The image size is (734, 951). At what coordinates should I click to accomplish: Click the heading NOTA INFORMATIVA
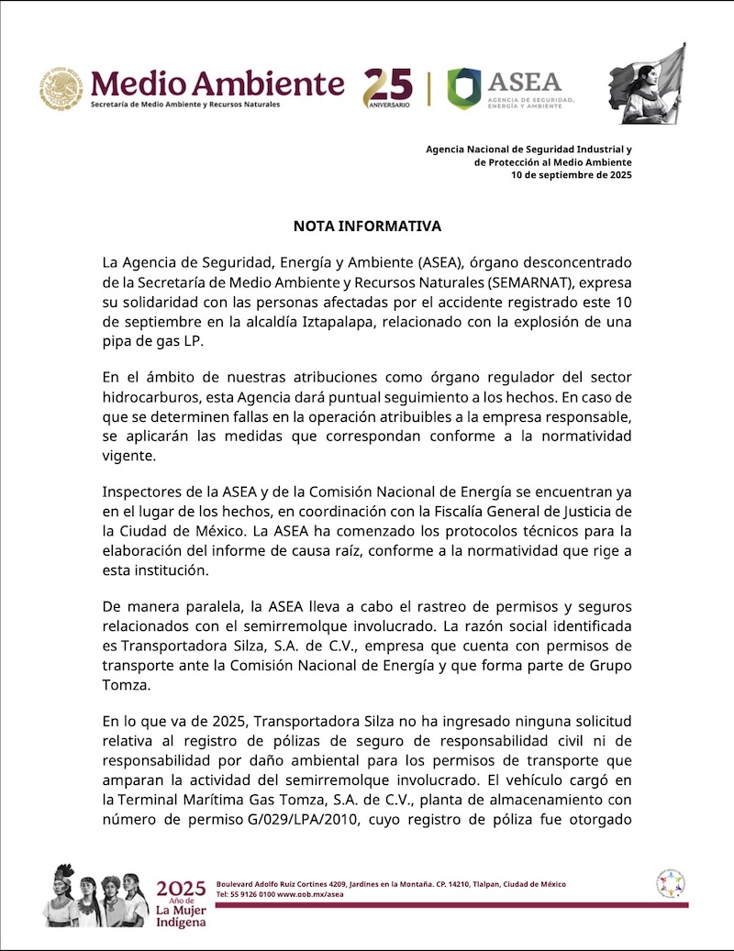click(367, 226)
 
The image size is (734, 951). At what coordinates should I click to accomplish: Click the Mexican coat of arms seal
click(61, 89)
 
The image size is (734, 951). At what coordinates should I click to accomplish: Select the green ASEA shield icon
click(463, 88)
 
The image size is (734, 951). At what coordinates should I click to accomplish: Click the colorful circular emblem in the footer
click(671, 884)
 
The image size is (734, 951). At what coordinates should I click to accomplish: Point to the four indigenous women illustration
click(95, 894)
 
